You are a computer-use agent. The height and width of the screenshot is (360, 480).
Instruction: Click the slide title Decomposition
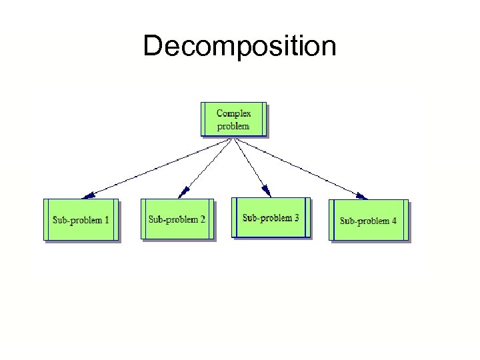[239, 47]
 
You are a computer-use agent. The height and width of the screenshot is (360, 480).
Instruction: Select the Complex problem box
[234, 119]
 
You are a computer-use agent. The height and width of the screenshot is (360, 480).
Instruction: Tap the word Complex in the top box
[234, 113]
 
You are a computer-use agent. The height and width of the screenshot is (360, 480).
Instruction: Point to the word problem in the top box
[233, 125]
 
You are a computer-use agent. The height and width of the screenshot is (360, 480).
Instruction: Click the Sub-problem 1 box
[81, 219]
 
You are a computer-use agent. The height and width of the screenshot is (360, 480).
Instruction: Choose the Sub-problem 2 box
[177, 219]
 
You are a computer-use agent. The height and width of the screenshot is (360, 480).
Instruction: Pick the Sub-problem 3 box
[271, 217]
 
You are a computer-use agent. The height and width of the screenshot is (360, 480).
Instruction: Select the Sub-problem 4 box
[369, 220]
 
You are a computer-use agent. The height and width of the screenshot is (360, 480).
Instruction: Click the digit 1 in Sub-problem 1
[107, 219]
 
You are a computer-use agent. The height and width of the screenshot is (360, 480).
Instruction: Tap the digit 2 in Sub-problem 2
[203, 219]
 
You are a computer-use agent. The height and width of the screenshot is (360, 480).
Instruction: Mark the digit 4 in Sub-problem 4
[394, 220]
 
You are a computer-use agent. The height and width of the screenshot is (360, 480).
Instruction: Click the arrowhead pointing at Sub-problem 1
[87, 196]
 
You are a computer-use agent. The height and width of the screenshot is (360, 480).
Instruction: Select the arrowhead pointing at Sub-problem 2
[181, 194]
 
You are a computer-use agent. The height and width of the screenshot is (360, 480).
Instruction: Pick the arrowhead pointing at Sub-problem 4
[362, 196]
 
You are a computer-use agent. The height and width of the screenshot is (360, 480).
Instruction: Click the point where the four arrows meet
[231, 139]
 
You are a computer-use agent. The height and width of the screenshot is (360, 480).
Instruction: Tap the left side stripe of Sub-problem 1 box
[47, 219]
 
